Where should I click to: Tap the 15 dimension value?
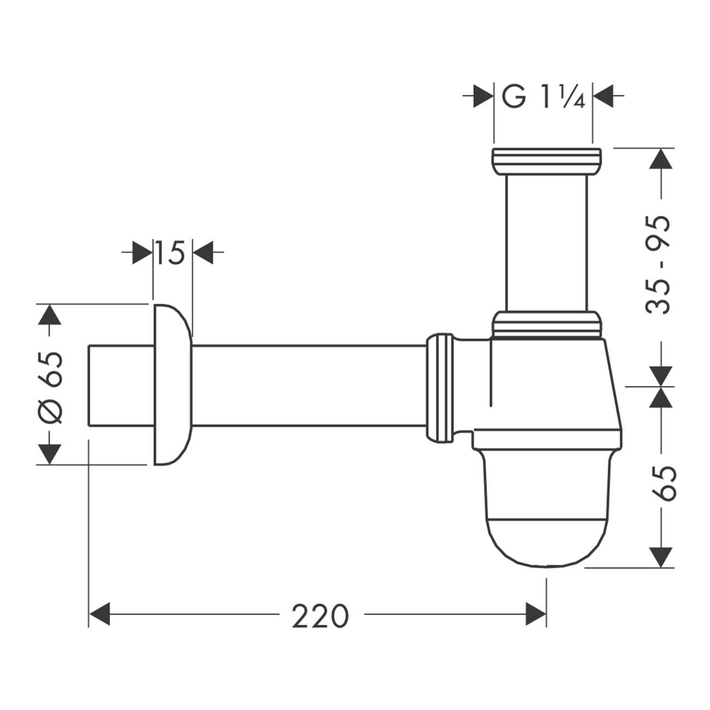[170, 253]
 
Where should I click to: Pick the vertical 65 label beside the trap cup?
[663, 484]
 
